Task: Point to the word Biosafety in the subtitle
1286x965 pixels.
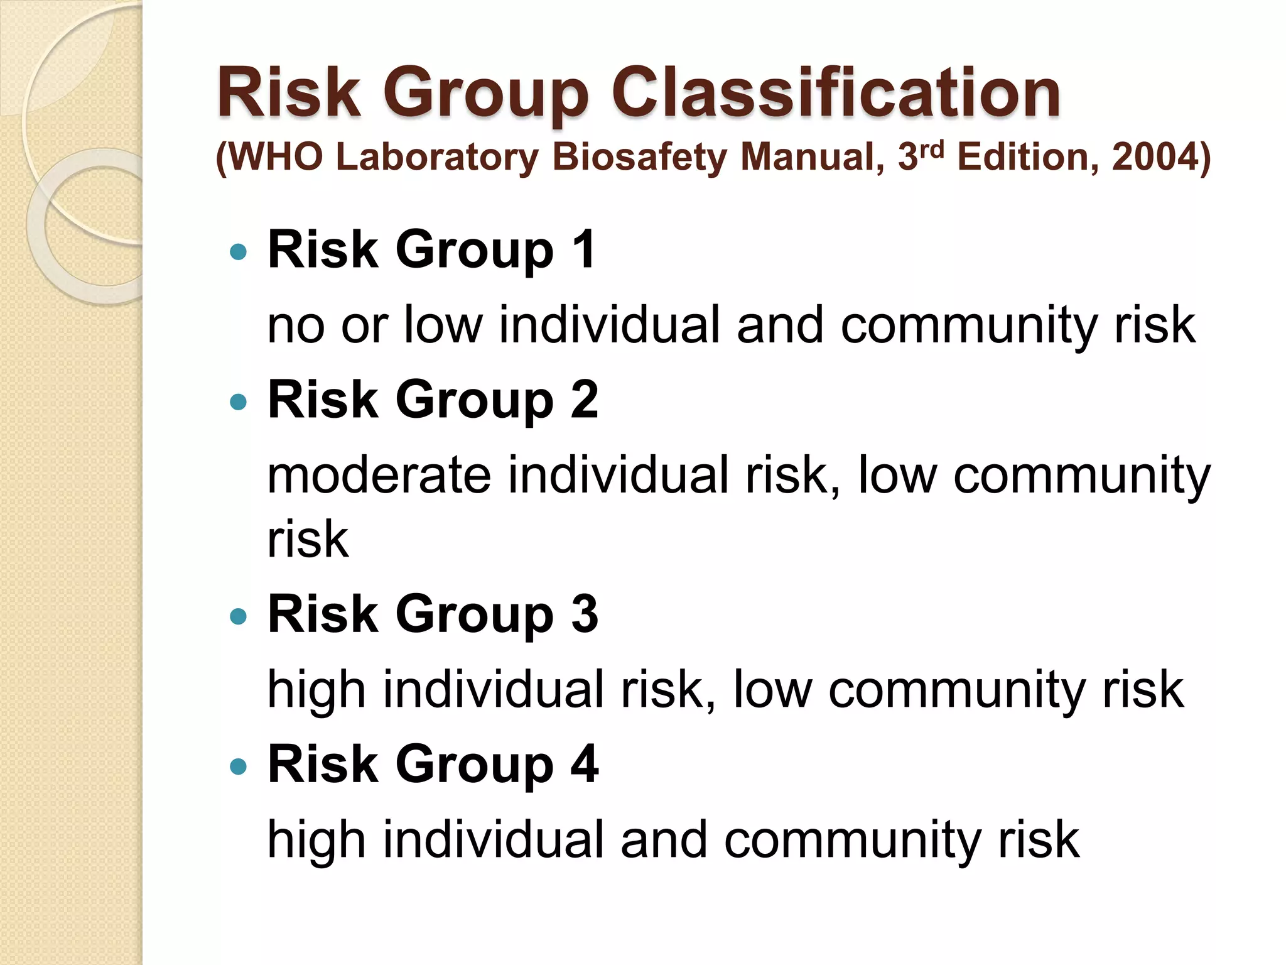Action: [x=639, y=157]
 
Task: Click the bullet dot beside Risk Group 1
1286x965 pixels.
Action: [x=239, y=253]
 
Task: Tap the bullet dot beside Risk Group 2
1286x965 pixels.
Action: [x=239, y=402]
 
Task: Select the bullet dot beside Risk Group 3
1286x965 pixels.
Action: [x=239, y=616]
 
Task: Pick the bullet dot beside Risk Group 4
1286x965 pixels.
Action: [x=239, y=766]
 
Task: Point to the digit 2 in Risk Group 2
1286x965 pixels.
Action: [x=585, y=400]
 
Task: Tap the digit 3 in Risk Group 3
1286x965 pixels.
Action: [x=585, y=614]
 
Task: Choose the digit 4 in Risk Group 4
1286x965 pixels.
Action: [x=585, y=764]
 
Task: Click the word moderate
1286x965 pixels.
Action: [x=379, y=475]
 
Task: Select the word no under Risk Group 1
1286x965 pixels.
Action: [x=296, y=325]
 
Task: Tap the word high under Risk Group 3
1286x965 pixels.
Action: [x=316, y=690]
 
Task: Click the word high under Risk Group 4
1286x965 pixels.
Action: [x=316, y=840]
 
